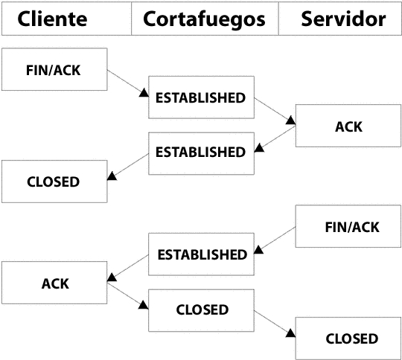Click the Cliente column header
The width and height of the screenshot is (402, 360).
click(66, 19)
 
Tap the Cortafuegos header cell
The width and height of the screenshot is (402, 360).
click(205, 19)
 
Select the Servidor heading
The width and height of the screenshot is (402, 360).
click(340, 19)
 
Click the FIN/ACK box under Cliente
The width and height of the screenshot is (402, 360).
click(54, 69)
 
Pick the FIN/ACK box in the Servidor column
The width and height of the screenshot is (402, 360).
click(348, 226)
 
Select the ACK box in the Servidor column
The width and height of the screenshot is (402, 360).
click(348, 126)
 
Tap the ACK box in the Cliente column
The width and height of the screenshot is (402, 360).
click(54, 283)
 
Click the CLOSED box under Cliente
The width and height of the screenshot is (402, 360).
click(54, 181)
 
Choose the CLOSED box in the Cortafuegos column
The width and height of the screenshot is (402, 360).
click(201, 311)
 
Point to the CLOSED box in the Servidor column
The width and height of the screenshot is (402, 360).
click(348, 338)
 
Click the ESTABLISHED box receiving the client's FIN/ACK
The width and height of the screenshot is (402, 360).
click(201, 97)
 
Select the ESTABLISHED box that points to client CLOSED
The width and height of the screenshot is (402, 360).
click(201, 153)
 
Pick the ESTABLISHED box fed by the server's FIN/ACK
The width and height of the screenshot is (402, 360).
click(201, 254)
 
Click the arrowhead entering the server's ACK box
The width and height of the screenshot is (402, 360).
click(291, 120)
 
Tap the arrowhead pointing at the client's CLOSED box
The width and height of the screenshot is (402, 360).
click(112, 176)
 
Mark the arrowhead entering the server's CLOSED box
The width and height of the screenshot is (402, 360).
click(291, 333)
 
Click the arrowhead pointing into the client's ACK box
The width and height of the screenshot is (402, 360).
click(112, 277)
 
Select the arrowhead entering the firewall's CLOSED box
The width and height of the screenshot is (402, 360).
click(144, 305)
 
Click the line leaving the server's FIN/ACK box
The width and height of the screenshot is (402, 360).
click(275, 240)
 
